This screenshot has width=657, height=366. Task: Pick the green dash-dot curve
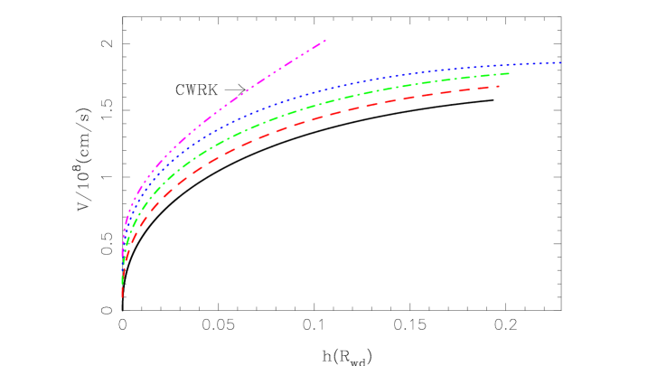[361, 93]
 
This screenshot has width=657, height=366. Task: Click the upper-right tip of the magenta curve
[324, 41]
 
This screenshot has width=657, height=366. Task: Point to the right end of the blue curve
[560, 62]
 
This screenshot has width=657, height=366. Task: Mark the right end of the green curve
[509, 73]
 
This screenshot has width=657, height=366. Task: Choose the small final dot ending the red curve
[500, 86]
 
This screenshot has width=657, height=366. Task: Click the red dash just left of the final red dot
[486, 88]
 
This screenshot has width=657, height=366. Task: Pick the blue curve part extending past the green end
[538, 63]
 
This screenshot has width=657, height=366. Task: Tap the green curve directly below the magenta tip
[324, 101]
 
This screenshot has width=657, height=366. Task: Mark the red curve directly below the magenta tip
[324, 116]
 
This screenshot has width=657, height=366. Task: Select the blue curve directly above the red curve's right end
[500, 65]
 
